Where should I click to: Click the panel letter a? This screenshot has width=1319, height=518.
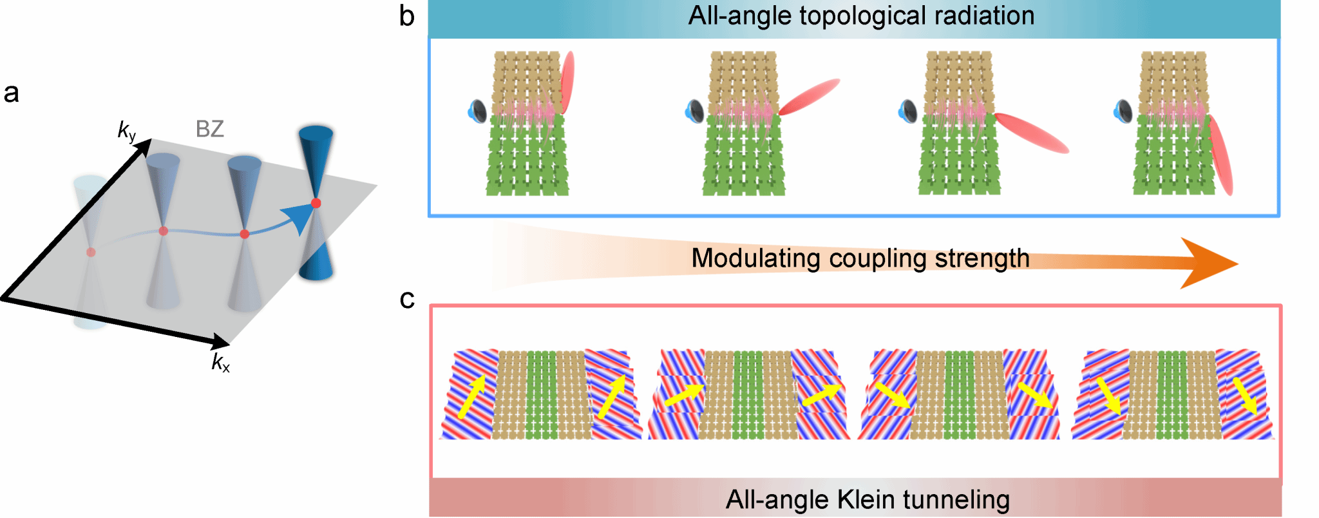click(12, 93)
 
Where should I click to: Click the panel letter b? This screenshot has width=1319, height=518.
click(406, 15)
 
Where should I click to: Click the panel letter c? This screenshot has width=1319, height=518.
click(407, 300)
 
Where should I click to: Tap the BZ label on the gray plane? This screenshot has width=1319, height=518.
click(210, 129)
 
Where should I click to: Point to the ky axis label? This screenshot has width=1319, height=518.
click(127, 131)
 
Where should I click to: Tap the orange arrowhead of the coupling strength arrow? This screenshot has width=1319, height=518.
click(1208, 263)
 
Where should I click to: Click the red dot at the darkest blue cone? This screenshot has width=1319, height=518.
click(316, 203)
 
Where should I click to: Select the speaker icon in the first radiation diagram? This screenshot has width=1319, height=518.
click(477, 111)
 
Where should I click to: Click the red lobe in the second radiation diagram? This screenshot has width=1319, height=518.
click(809, 97)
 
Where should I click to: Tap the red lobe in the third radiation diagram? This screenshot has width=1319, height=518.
click(1031, 133)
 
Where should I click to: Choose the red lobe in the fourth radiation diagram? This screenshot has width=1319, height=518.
click(1220, 155)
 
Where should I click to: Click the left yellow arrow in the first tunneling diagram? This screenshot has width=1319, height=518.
click(471, 398)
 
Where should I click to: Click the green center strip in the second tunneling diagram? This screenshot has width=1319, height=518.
click(748, 395)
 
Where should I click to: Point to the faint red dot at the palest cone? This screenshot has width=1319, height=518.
click(91, 253)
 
